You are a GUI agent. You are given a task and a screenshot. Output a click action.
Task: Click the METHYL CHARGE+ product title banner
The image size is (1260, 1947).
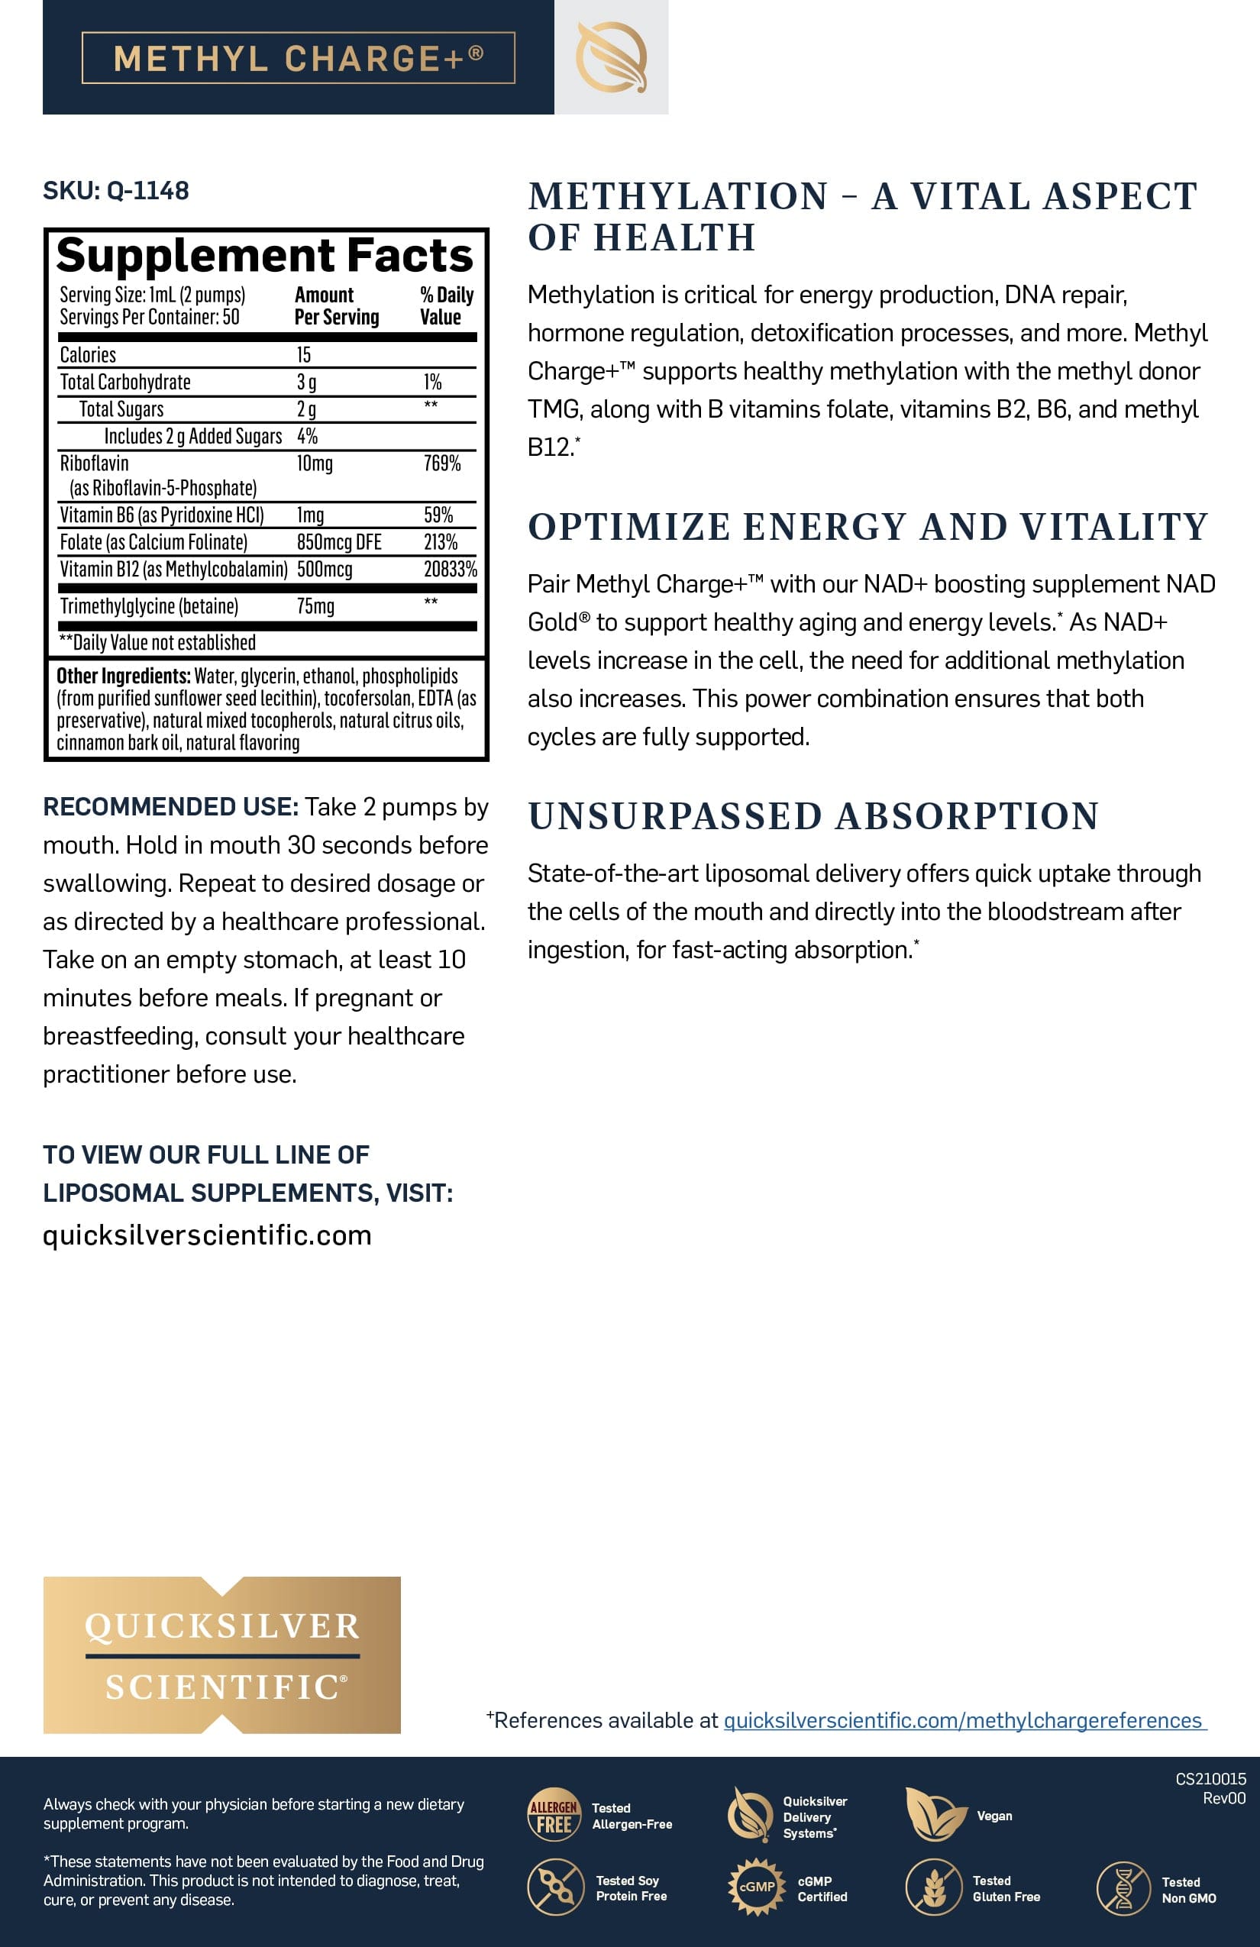(x=298, y=58)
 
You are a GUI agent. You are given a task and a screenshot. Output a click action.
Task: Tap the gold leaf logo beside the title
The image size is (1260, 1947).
(x=611, y=57)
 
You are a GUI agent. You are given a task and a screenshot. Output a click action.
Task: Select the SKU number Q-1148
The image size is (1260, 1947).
(x=148, y=191)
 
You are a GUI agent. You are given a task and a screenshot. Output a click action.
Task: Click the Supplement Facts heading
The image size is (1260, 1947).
(x=264, y=255)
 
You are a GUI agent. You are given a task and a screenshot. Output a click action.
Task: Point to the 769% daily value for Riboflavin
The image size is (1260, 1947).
(x=442, y=464)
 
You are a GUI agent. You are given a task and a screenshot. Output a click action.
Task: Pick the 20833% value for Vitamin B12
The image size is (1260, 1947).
(x=450, y=570)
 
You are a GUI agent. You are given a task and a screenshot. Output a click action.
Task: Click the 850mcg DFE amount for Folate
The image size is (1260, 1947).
(x=339, y=542)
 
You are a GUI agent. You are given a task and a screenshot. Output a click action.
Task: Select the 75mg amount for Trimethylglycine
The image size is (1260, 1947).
(x=315, y=606)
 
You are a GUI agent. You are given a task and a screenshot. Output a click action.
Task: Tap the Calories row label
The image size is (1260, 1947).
(x=88, y=355)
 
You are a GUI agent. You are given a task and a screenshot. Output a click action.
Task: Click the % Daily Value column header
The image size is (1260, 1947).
(x=446, y=306)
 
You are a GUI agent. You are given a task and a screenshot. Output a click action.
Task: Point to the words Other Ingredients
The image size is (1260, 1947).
(x=123, y=676)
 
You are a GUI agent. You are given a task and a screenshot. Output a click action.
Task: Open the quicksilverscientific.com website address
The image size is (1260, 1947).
(x=207, y=1235)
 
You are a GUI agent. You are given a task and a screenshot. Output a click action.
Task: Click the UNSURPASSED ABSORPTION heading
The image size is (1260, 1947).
(x=813, y=816)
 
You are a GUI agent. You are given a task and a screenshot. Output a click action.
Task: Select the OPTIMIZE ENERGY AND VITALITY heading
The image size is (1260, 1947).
(x=867, y=527)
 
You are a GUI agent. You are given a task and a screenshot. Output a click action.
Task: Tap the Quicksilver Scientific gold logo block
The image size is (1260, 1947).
(x=221, y=1655)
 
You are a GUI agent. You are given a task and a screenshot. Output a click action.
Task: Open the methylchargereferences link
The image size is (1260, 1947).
(x=964, y=1720)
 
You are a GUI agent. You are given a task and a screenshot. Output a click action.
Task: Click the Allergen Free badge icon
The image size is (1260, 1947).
(x=554, y=1814)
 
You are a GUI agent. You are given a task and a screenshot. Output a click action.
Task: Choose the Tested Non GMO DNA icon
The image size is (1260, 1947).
(x=1123, y=1888)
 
